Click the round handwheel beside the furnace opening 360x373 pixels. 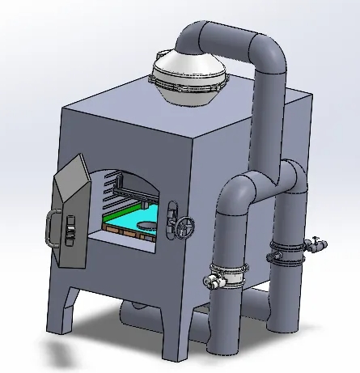click(184, 228)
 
